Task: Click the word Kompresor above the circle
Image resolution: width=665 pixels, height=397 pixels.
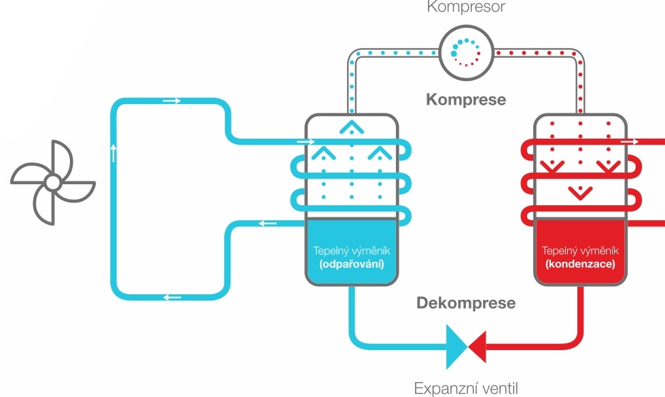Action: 465,7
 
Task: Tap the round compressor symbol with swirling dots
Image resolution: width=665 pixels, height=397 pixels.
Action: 465,52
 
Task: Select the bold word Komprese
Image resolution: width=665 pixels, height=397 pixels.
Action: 466,99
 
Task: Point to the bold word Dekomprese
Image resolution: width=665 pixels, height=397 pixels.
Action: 466,302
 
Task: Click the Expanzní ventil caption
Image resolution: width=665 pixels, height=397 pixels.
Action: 466,388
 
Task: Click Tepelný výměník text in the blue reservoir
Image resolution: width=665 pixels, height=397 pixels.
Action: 351,250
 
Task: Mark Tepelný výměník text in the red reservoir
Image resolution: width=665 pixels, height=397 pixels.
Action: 579,250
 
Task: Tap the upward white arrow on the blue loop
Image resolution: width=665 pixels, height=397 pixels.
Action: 113,152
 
